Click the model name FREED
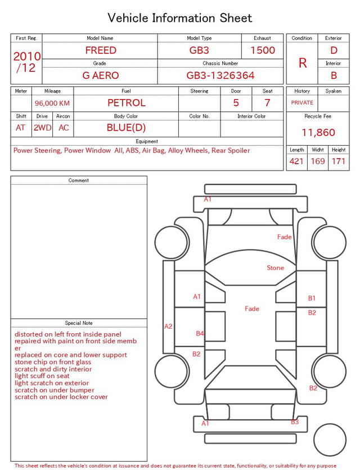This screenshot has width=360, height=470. (101, 50)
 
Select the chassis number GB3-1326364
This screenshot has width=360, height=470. (220, 75)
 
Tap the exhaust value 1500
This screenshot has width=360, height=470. (263, 50)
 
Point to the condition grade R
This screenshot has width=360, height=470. (303, 63)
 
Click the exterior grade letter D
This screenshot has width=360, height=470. (334, 50)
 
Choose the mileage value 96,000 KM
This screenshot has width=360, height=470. (52, 104)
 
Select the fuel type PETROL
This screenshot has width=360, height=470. (127, 103)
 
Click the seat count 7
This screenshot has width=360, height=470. (267, 103)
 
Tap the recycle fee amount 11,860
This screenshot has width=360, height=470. (318, 132)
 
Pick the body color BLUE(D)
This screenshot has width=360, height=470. (126, 128)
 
